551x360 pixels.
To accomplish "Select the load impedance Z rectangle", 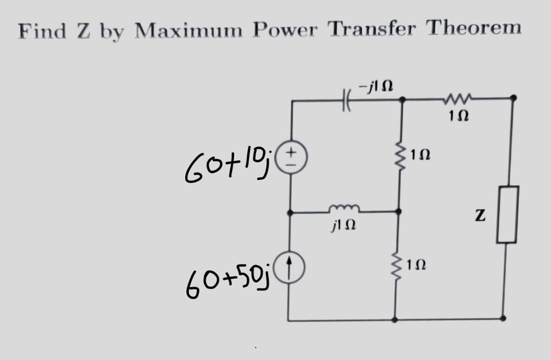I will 507,214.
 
